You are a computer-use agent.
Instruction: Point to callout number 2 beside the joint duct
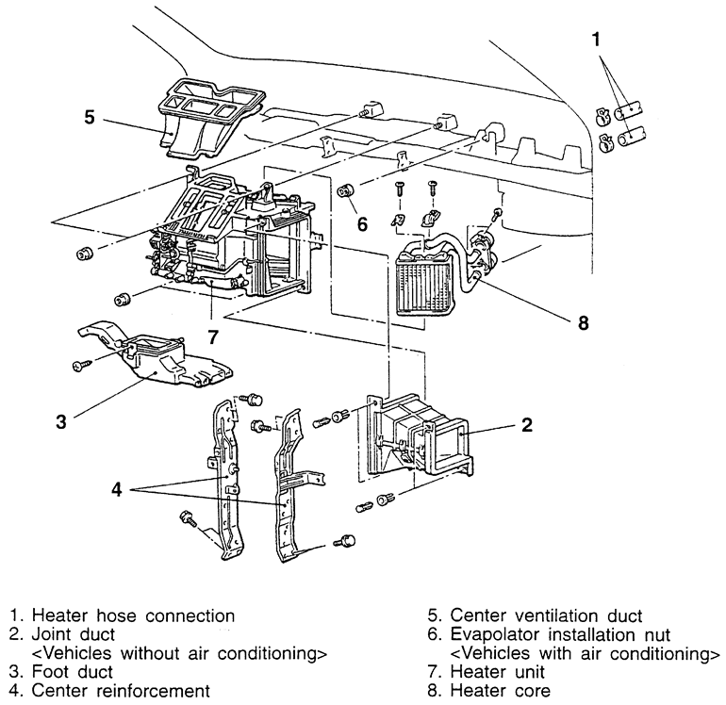tap(527, 424)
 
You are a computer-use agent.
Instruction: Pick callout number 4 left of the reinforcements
tap(116, 490)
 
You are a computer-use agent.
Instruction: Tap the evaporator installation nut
tap(346, 191)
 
